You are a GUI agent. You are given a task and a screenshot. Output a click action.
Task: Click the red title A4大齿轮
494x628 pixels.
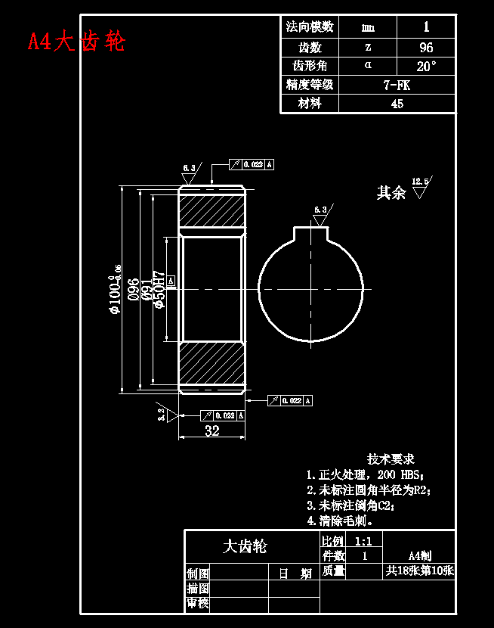point(76,41)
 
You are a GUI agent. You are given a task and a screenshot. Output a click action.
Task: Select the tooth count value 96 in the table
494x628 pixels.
point(426,47)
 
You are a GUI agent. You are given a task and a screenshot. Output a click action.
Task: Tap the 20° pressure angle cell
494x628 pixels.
point(426,66)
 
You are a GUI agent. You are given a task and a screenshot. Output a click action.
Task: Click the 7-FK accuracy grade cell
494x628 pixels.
point(397,85)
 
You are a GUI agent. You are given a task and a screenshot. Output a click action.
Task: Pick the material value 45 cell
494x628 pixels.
point(397,104)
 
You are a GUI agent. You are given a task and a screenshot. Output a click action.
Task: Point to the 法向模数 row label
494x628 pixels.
point(310,27)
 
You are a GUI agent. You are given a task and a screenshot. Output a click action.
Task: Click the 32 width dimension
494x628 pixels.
point(212,431)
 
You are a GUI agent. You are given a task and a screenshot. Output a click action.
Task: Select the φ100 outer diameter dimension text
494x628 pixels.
point(114,290)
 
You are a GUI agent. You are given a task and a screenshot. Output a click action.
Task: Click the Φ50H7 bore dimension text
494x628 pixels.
point(159,289)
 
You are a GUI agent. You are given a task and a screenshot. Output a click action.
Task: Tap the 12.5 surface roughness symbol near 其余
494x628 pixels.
point(420,186)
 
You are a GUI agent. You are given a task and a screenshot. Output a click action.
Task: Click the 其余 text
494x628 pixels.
point(391,193)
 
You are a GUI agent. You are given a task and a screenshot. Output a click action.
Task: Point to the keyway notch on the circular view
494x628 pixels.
point(311,235)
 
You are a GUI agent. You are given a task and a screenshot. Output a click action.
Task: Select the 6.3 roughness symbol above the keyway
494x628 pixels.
point(320,215)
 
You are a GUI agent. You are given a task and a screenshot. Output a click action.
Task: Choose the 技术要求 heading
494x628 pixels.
point(391,459)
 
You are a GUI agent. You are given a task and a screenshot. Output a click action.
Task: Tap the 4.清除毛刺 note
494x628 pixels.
point(340,521)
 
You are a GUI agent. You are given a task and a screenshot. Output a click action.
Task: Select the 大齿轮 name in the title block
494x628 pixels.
point(245,546)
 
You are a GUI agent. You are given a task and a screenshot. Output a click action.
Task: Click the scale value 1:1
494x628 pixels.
point(363,541)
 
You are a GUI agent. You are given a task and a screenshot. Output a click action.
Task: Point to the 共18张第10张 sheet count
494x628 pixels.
point(419,570)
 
